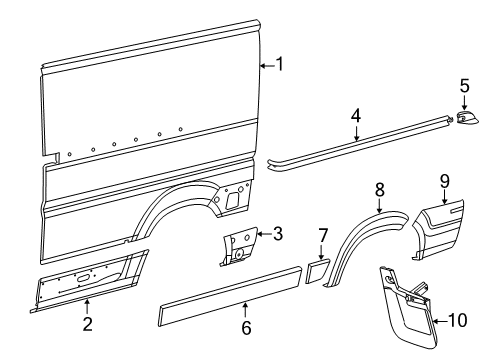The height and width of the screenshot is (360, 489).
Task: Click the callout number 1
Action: click(280, 65)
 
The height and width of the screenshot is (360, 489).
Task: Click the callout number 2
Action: click(87, 322)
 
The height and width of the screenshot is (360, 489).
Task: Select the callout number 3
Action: click(277, 235)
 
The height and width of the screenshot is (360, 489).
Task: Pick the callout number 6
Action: click(246, 327)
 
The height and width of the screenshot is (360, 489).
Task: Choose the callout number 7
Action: click(323, 235)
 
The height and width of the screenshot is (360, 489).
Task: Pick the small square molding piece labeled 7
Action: click(318, 269)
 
